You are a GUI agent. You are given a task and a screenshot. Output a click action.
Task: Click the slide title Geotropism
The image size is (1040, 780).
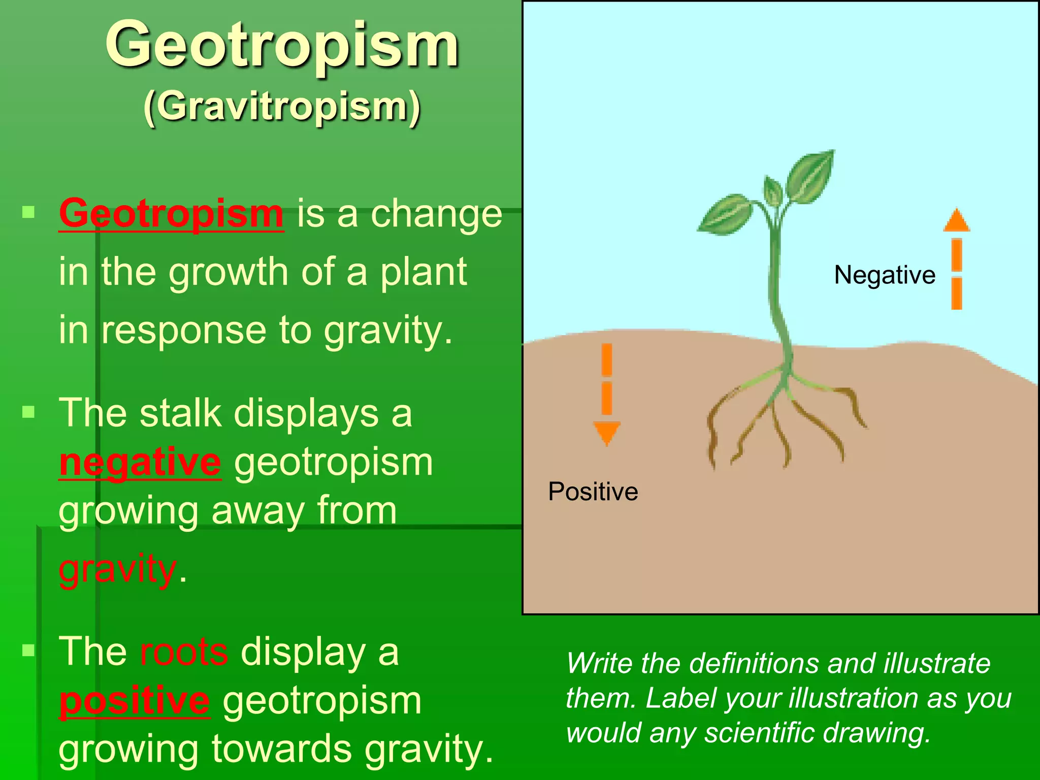[282, 46]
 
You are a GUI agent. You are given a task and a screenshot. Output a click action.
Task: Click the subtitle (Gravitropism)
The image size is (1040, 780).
[282, 107]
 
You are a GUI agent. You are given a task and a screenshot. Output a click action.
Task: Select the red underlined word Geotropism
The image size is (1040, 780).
[171, 214]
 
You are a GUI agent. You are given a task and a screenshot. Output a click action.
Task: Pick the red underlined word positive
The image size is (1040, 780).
[135, 701]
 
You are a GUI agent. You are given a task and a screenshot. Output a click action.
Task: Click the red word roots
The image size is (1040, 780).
[184, 652]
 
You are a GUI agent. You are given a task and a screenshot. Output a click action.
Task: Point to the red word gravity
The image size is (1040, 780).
[118, 570]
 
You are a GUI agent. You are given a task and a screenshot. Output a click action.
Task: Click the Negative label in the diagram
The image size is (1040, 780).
[885, 275]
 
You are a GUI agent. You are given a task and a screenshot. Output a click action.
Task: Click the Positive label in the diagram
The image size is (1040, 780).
[593, 492]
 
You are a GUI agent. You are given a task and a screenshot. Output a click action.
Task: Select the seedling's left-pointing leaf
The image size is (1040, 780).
[725, 215]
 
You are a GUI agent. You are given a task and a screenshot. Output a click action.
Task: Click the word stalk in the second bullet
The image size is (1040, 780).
[180, 413]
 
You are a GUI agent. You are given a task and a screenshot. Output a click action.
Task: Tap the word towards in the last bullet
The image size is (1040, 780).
[282, 750]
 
